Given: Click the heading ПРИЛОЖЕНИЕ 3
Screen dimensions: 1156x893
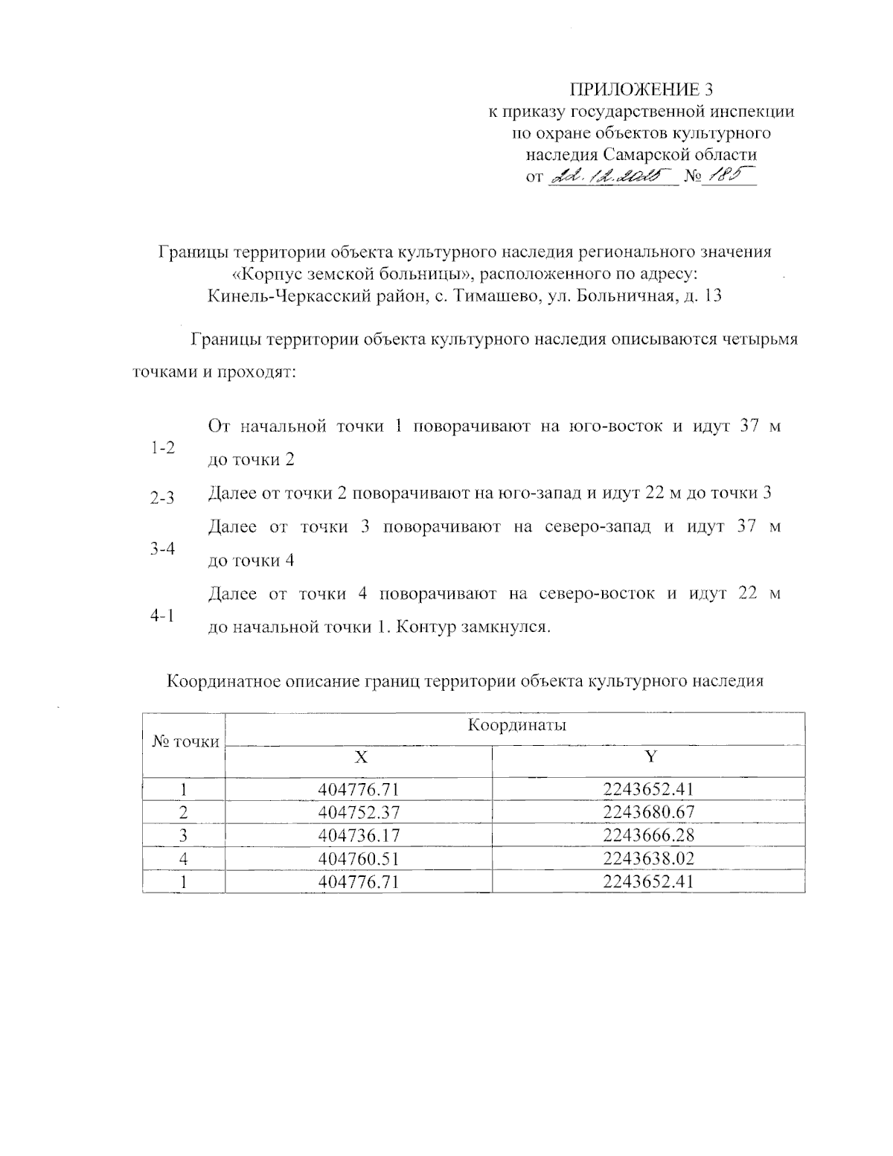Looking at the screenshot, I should [641, 90].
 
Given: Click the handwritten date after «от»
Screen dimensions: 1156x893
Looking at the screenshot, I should [609, 176].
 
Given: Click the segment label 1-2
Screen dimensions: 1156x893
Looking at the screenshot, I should [162, 448].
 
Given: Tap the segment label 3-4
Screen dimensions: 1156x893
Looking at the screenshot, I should [162, 549].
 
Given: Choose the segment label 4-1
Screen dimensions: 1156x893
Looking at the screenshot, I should [162, 616].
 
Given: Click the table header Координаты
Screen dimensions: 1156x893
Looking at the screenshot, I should [516, 725].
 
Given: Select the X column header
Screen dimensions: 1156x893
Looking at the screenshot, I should [360, 758].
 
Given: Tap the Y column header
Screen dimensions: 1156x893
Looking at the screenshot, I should [650, 758].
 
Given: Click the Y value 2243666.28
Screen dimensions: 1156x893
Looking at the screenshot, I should [649, 835].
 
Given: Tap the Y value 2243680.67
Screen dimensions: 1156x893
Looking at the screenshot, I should [649, 812].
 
